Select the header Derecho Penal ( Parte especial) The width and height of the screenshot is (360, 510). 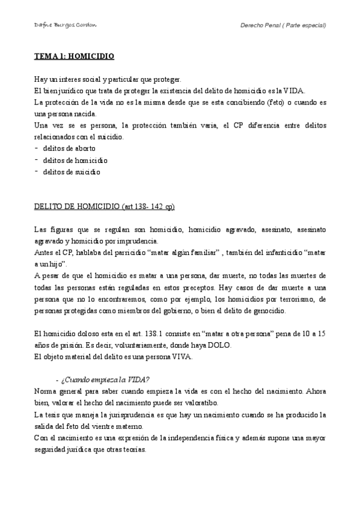pos(282,26)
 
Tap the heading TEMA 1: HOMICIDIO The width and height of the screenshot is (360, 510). pos(74,57)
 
